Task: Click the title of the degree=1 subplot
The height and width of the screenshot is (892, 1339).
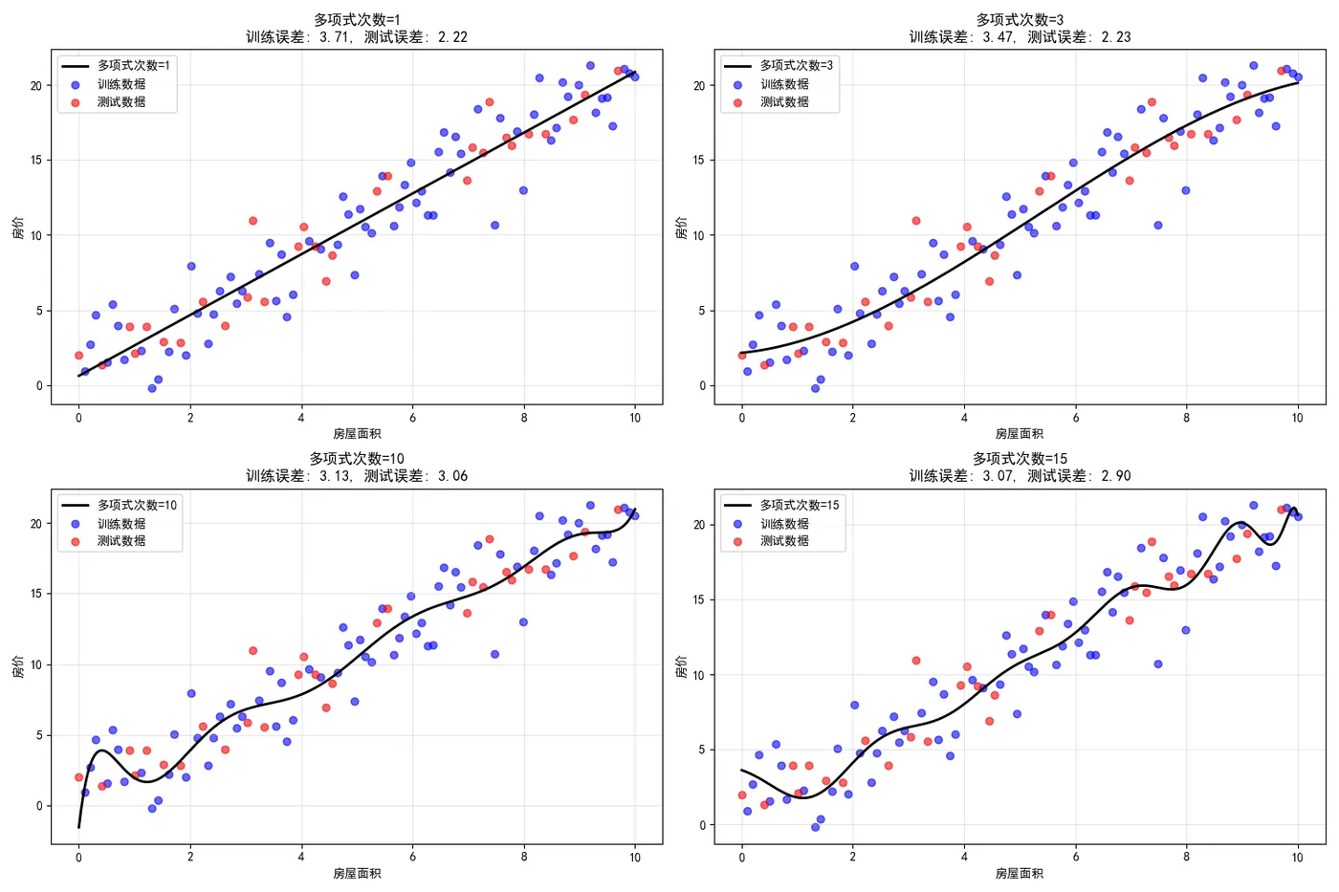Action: [357, 29]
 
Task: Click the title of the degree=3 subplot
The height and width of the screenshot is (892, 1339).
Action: [1020, 29]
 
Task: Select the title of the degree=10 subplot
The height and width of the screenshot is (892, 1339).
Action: [357, 468]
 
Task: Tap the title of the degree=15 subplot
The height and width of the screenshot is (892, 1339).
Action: [1020, 468]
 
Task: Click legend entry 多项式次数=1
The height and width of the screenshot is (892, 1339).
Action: [133, 66]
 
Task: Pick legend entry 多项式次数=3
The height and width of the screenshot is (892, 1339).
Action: [796, 66]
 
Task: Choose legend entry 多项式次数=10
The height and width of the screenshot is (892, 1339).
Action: [137, 506]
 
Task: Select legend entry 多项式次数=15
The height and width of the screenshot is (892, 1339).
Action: [800, 506]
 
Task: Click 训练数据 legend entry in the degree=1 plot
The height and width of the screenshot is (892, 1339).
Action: [121, 84]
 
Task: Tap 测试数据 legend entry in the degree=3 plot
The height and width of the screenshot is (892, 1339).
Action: [784, 102]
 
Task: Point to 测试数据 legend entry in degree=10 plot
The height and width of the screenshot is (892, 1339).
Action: [121, 541]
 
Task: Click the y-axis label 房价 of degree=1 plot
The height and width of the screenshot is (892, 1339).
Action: [18, 227]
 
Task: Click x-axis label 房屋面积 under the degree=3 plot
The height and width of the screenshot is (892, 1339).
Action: [1020, 434]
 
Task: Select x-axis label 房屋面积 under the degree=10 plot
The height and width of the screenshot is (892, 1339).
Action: [357, 874]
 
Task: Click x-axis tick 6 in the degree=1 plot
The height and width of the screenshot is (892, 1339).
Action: [412, 418]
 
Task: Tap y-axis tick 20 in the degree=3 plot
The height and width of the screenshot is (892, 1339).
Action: [698, 86]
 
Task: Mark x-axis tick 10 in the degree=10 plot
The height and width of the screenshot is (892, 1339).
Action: [635, 858]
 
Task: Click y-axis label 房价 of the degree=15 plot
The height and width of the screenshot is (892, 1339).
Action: [681, 666]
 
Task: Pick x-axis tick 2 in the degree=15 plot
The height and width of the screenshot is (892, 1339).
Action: [853, 858]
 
